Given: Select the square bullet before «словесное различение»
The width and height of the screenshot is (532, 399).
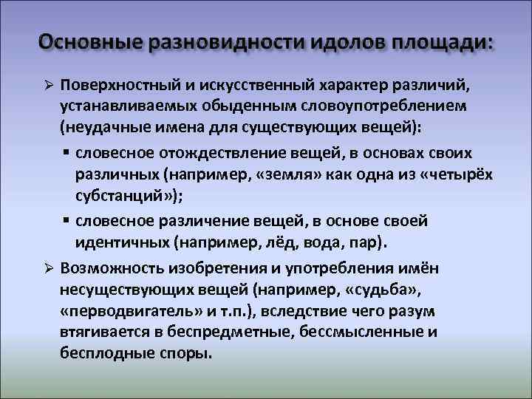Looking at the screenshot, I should point(66,220).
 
